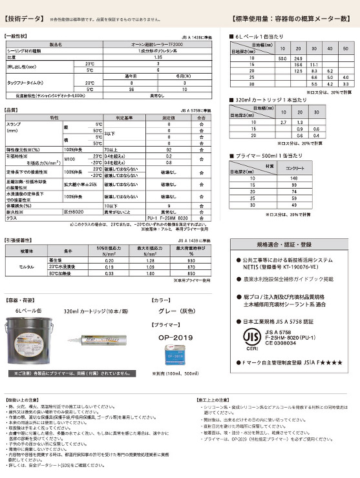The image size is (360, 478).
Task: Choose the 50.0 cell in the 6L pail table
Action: click(282, 58)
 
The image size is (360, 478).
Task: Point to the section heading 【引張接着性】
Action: click(23, 240)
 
